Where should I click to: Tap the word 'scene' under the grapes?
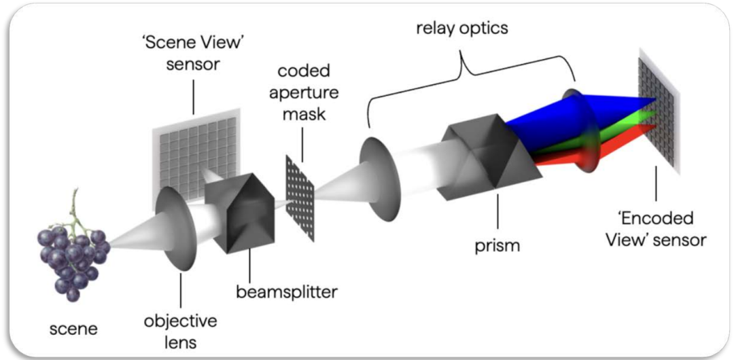point(73,329)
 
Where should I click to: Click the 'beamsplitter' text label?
point(286,293)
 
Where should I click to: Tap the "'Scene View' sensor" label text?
point(193,54)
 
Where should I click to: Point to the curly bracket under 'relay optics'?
point(472,69)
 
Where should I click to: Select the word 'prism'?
point(497,245)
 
